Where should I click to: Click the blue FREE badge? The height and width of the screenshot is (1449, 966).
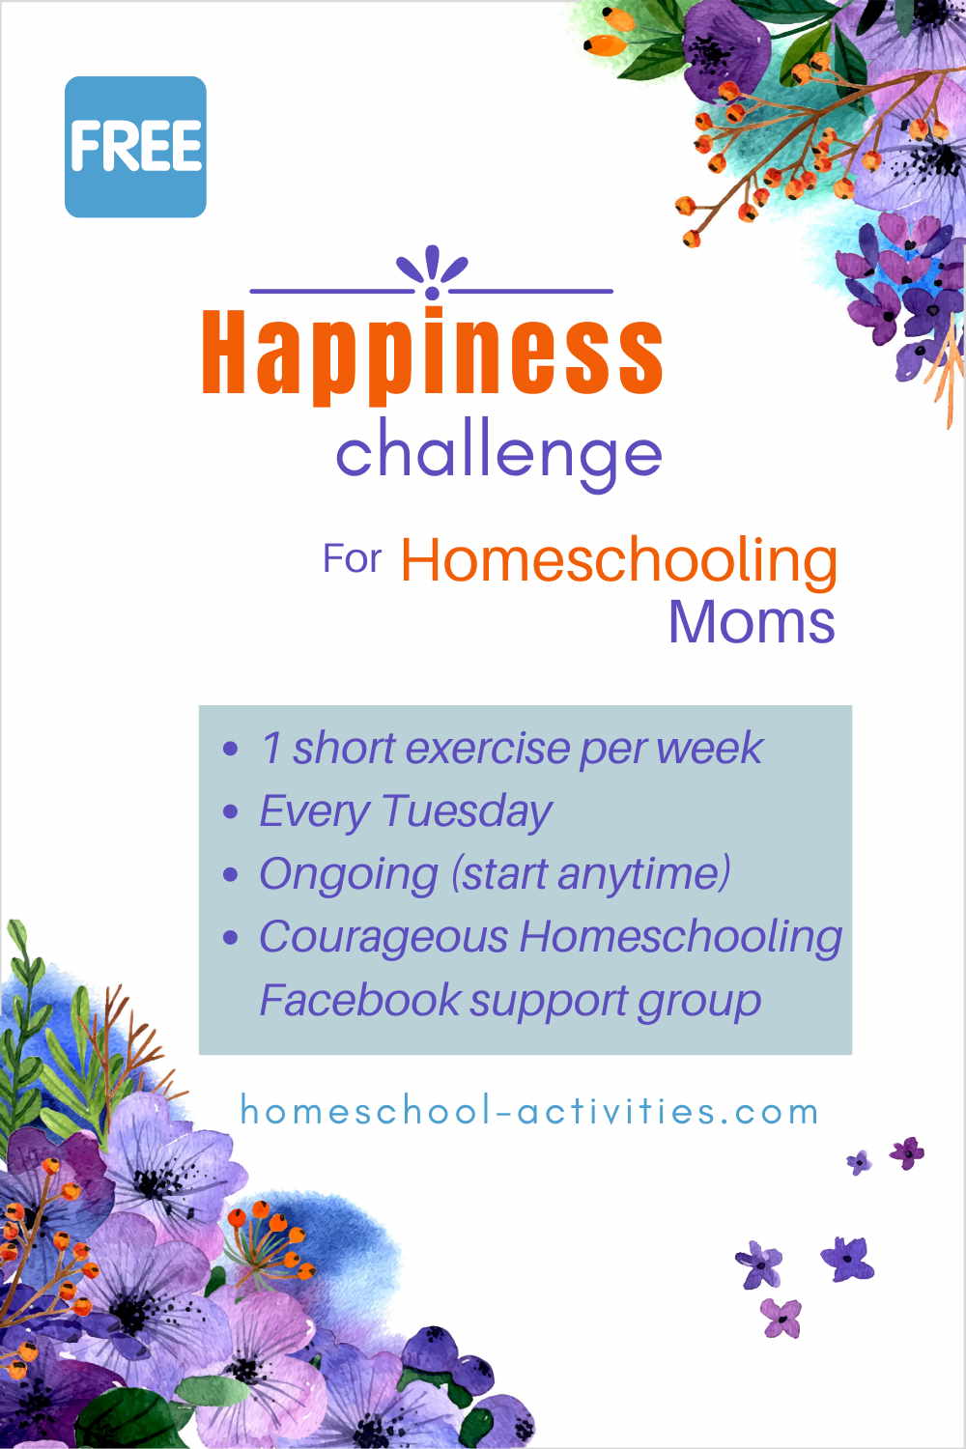click(135, 147)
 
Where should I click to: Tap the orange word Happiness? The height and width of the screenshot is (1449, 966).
click(433, 355)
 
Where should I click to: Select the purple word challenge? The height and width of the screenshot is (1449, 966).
click(498, 455)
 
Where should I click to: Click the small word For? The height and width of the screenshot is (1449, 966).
click(352, 558)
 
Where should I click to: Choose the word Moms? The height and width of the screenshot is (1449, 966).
click(752, 622)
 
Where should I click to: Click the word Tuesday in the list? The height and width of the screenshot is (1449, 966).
click(468, 811)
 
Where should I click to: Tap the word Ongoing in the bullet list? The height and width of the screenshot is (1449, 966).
click(349, 874)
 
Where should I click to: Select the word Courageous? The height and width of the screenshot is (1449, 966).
click(384, 937)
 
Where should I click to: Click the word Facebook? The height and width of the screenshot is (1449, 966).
click(360, 1000)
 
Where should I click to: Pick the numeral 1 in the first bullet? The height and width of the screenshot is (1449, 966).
click(271, 748)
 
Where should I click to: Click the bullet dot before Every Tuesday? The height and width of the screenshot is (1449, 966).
click(230, 811)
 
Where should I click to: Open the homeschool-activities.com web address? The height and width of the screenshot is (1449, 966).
click(528, 1111)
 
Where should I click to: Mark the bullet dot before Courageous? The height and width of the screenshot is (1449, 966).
click(230, 937)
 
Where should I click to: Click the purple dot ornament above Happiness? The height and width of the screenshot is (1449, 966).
click(432, 293)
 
